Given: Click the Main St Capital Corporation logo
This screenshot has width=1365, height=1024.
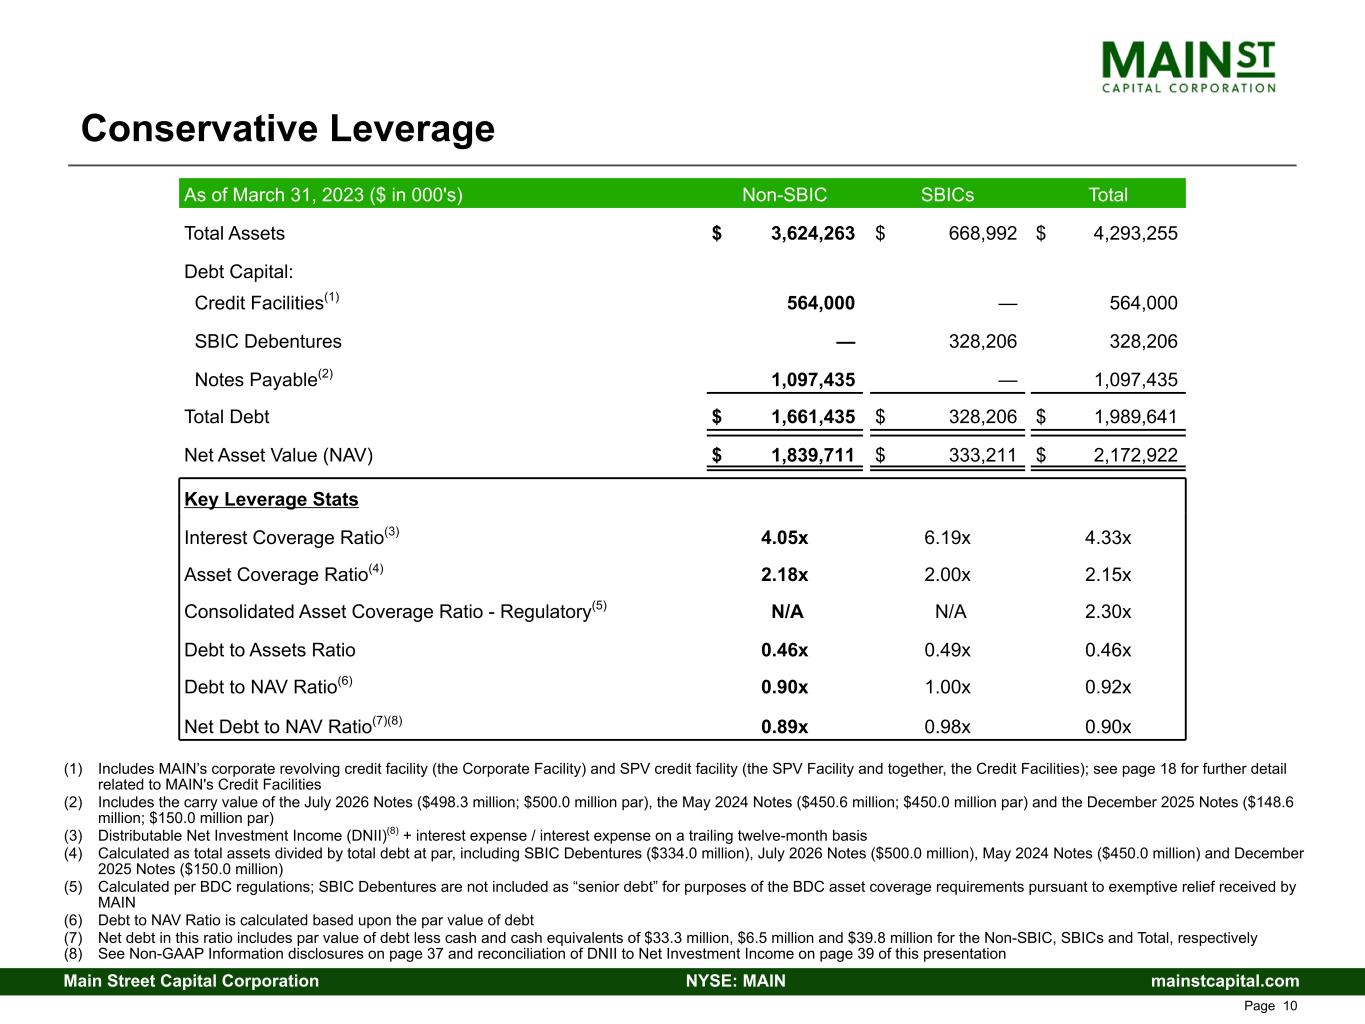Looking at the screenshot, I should point(1188,66).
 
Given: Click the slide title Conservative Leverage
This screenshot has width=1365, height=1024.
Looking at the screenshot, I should point(288,129).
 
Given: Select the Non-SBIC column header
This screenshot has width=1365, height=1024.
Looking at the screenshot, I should point(784,195).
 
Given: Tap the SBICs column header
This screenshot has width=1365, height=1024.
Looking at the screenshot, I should point(946,195).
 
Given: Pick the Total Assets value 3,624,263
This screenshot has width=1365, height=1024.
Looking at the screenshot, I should point(812,234).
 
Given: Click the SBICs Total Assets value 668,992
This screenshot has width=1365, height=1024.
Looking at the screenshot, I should point(982,234).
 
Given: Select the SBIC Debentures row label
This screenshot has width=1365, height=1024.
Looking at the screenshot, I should point(268,342).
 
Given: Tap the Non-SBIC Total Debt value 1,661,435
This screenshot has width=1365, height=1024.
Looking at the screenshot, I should point(812,417).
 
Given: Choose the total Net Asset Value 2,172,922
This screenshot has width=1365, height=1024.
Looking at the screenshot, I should point(1135,456).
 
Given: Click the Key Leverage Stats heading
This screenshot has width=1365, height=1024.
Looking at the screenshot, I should point(271,500).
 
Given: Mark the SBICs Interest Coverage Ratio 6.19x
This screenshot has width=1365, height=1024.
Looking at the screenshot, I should point(947,538).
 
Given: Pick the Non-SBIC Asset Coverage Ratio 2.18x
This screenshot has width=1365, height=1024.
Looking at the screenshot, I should point(784,575).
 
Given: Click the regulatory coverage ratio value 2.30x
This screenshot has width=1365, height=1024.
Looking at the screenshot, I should point(1108,612).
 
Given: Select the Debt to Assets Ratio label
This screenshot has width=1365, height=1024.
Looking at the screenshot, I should point(270,650).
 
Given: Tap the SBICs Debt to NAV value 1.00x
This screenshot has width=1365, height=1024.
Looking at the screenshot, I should point(947,688).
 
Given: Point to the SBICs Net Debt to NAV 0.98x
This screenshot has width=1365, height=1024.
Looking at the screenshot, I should point(947,727).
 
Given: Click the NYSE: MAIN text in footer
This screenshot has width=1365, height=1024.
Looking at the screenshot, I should point(735,981).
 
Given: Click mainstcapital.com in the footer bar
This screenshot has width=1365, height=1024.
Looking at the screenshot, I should point(1225,981).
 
